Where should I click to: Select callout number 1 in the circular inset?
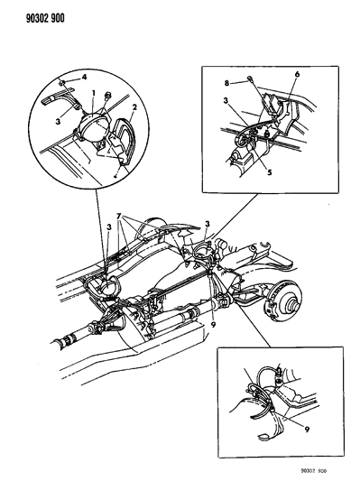pos(94,92)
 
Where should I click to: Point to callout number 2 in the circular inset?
pos(134,107)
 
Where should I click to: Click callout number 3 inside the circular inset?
pos(58,122)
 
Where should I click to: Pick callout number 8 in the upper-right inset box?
pos(226,83)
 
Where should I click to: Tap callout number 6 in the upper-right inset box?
pos(297,74)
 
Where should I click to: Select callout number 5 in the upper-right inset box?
pos(270,172)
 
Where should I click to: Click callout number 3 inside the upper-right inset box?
pos(226,100)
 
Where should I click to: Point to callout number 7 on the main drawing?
pos(119,217)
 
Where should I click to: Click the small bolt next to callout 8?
pos(250,79)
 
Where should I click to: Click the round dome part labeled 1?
pos(92,125)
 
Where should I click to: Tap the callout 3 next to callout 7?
pos(109,227)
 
